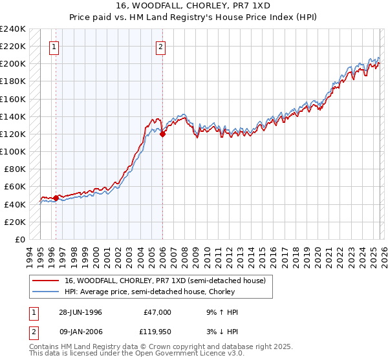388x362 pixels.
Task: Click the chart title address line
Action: [x=194, y=6]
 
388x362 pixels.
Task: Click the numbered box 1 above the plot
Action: [x=54, y=47]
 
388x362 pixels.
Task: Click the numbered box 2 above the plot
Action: [x=160, y=47]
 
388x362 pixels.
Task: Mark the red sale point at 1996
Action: [x=56, y=198]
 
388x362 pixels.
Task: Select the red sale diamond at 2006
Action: [x=162, y=134]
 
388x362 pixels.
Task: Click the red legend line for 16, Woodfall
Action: [x=46, y=281]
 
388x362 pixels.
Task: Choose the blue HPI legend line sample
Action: [x=46, y=292]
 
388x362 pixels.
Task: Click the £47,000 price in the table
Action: [x=157, y=312]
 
